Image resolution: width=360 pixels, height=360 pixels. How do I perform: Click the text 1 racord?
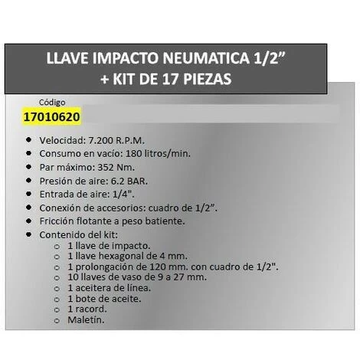[90, 309]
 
